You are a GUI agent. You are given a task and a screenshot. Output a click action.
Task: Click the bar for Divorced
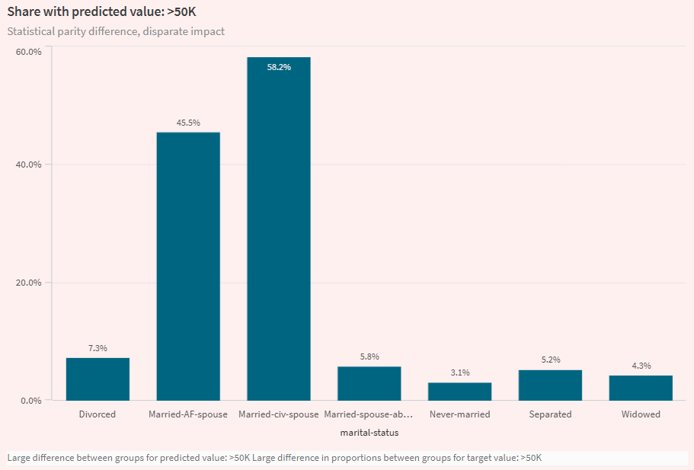tap(98, 379)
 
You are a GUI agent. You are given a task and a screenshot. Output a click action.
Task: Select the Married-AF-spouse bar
tap(188, 267)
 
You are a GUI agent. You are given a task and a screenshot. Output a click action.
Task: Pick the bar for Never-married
tap(459, 392)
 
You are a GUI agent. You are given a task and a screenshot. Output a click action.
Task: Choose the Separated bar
tap(550, 385)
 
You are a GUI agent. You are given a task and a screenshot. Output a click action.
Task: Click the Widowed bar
tap(641, 388)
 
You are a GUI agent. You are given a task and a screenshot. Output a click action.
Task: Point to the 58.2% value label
tap(279, 67)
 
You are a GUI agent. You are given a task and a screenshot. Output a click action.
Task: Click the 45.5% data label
tap(188, 123)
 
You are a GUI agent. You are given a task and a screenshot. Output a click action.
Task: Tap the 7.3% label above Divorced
tap(98, 348)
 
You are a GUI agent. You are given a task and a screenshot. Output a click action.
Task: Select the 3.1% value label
tap(459, 372)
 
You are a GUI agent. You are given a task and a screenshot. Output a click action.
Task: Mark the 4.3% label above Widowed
tap(641, 366)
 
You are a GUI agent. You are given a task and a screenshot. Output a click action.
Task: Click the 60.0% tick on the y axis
tap(28, 51)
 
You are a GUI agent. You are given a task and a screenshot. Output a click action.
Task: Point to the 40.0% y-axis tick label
tap(28, 165)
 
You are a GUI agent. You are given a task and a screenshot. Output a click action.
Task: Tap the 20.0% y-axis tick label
tap(28, 283)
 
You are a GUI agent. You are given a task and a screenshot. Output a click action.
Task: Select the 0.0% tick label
tap(30, 401)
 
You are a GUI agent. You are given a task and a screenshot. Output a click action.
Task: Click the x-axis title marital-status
tap(369, 433)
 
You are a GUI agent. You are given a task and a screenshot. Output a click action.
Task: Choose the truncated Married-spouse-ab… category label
tap(369, 414)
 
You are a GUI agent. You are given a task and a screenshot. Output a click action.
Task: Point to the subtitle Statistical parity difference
tap(116, 32)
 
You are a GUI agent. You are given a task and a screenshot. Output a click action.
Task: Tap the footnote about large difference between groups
tap(274, 458)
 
